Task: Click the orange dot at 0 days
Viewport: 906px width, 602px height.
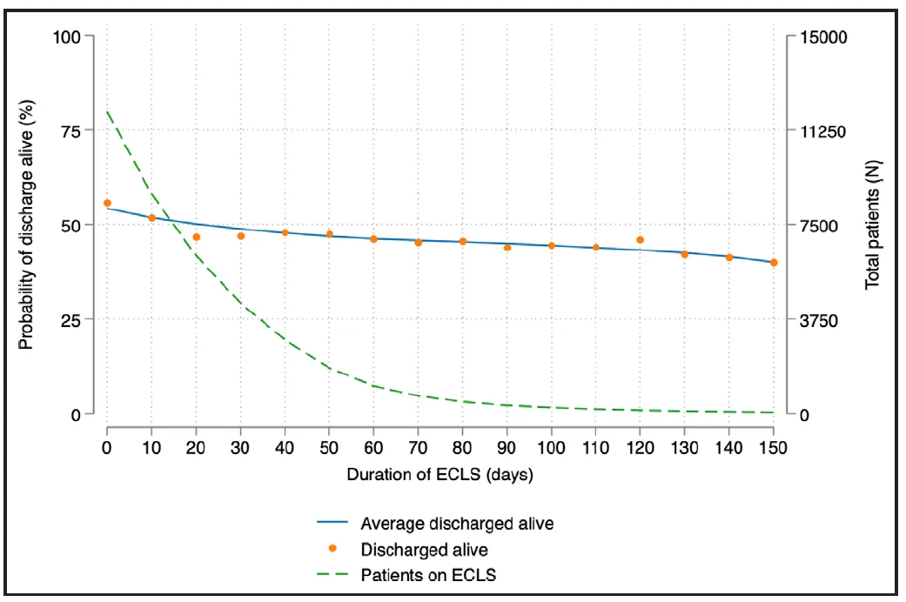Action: click(107, 203)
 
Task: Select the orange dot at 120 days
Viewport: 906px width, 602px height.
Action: click(641, 239)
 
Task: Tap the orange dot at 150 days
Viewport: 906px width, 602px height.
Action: click(774, 262)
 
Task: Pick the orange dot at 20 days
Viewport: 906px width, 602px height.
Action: click(196, 237)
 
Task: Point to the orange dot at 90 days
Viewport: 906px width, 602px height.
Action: click(507, 247)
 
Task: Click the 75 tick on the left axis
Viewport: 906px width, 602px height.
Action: click(89, 130)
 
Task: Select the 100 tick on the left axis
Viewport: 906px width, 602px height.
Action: click(89, 37)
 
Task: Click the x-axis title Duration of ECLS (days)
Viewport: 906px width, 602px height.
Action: click(440, 475)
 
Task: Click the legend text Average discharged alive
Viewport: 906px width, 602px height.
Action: click(457, 524)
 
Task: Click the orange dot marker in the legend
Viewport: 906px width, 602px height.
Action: click(332, 549)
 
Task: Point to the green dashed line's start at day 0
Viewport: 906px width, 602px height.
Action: click(107, 111)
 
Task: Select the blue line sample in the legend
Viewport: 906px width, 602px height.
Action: click(332, 524)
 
